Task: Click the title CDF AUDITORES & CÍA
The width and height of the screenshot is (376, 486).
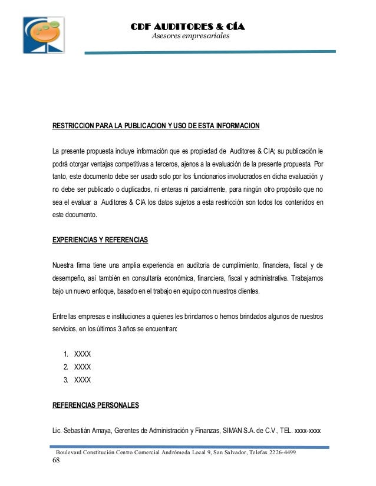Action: coord(187,27)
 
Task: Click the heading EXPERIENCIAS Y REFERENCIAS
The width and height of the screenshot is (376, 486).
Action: coord(100,241)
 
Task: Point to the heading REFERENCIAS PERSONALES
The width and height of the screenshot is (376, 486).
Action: coord(95,405)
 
